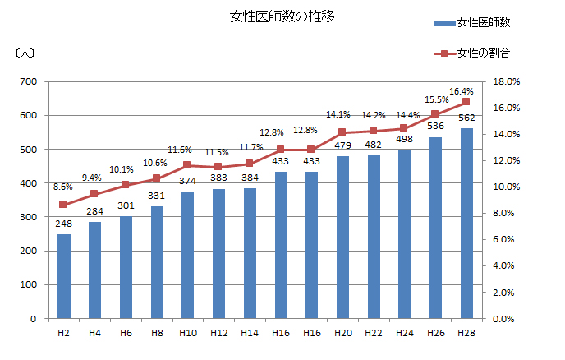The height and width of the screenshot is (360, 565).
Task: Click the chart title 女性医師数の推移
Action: pos(282,16)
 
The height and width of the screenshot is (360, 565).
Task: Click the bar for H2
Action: pos(63,276)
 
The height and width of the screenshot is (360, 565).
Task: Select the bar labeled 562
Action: pos(466,223)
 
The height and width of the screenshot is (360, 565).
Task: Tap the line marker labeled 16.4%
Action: pos(466,102)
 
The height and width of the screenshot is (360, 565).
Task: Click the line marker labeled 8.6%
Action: pos(63,205)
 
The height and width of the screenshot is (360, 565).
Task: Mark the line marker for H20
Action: pos(342,132)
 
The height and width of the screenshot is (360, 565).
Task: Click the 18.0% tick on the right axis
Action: pos(507,81)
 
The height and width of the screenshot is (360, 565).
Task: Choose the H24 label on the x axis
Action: pos(404,333)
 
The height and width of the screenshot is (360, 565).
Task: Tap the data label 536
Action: pos(435,126)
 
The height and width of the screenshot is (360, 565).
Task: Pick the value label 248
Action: pos(63,224)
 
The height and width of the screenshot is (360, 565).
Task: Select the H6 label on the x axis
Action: pos(126,333)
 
